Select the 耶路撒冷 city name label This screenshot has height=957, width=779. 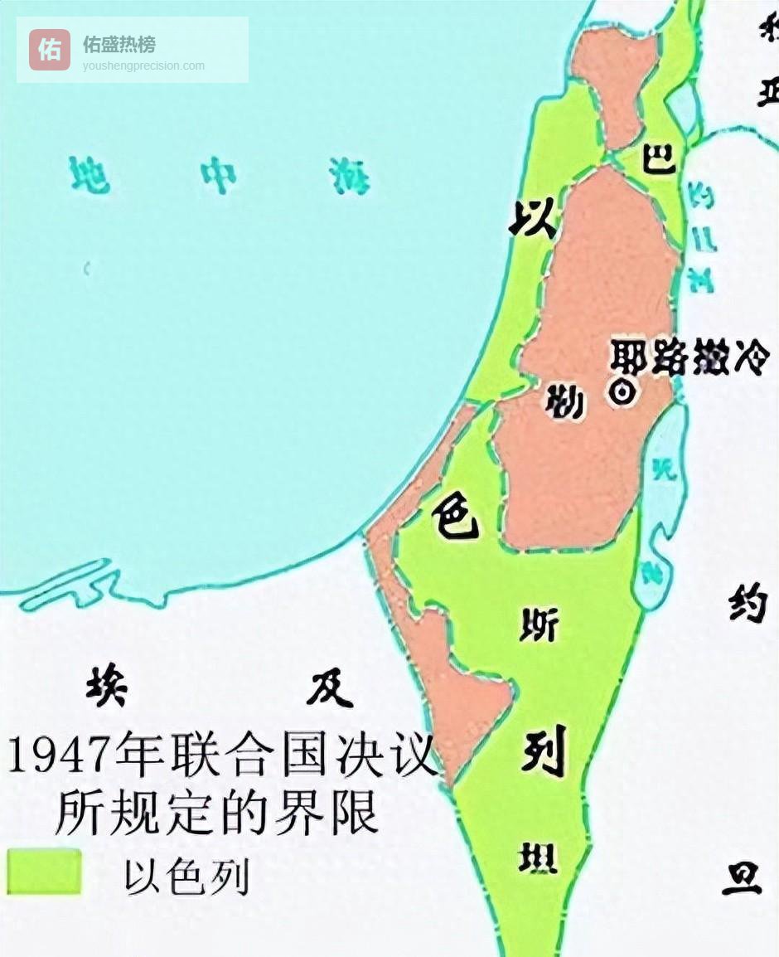689,357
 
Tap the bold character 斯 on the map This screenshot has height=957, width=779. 539,625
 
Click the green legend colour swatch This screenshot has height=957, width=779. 44,871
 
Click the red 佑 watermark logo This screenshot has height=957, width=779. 50,50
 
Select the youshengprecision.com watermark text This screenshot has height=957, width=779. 143,66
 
